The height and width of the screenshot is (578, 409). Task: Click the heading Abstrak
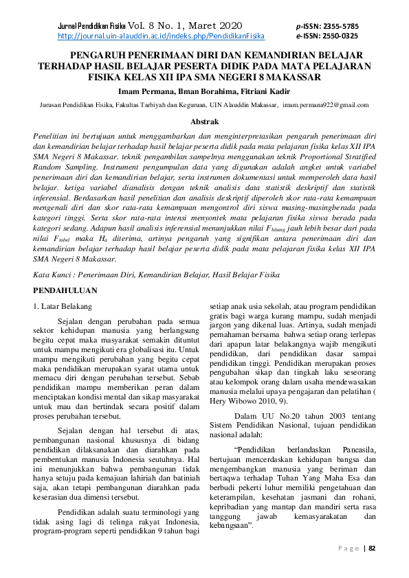[x=204, y=122]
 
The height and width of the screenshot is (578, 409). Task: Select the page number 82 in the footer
[x=373, y=548]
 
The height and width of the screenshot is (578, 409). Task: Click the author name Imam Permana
[x=148, y=91]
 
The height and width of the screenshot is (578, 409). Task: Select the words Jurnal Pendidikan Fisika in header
[x=87, y=26]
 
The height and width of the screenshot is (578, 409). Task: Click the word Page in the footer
[x=349, y=548]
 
